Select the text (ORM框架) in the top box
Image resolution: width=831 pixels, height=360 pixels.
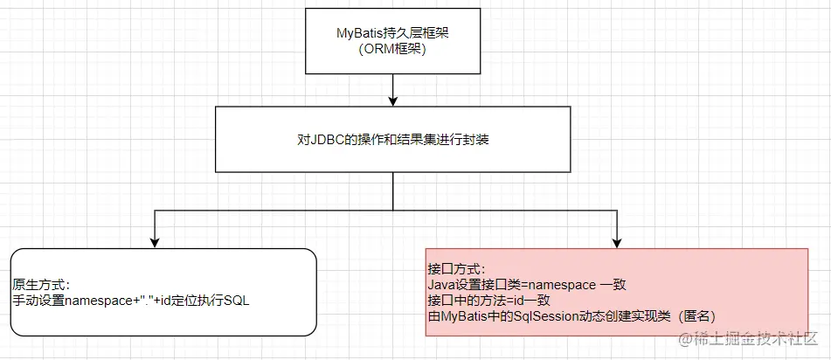393,49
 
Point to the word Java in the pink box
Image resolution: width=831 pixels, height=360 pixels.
442,284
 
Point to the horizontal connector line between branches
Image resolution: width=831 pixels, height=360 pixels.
386,211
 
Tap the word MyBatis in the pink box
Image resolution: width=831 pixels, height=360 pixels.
463,315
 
